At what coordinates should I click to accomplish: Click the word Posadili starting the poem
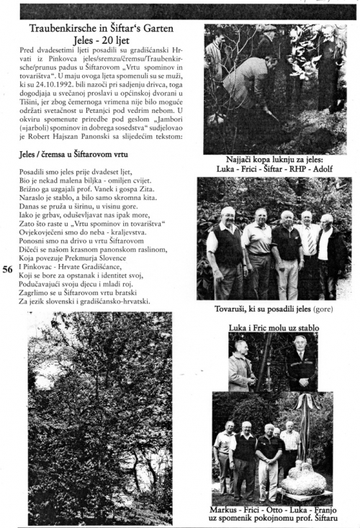[x=35, y=173]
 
